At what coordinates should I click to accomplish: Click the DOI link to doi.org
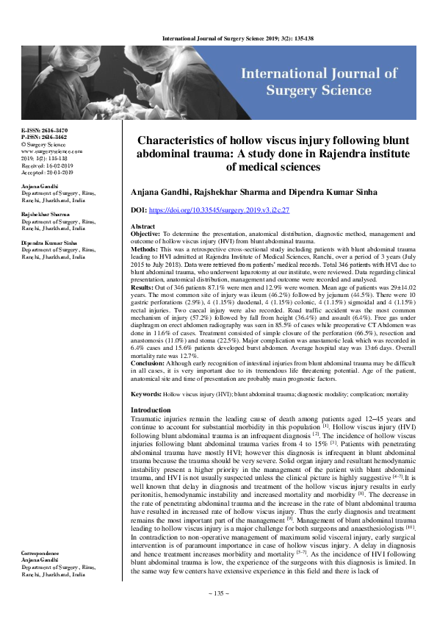tap(221, 210)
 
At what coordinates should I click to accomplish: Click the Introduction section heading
tap(151, 409)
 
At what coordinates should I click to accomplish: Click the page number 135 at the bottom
tap(219, 593)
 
